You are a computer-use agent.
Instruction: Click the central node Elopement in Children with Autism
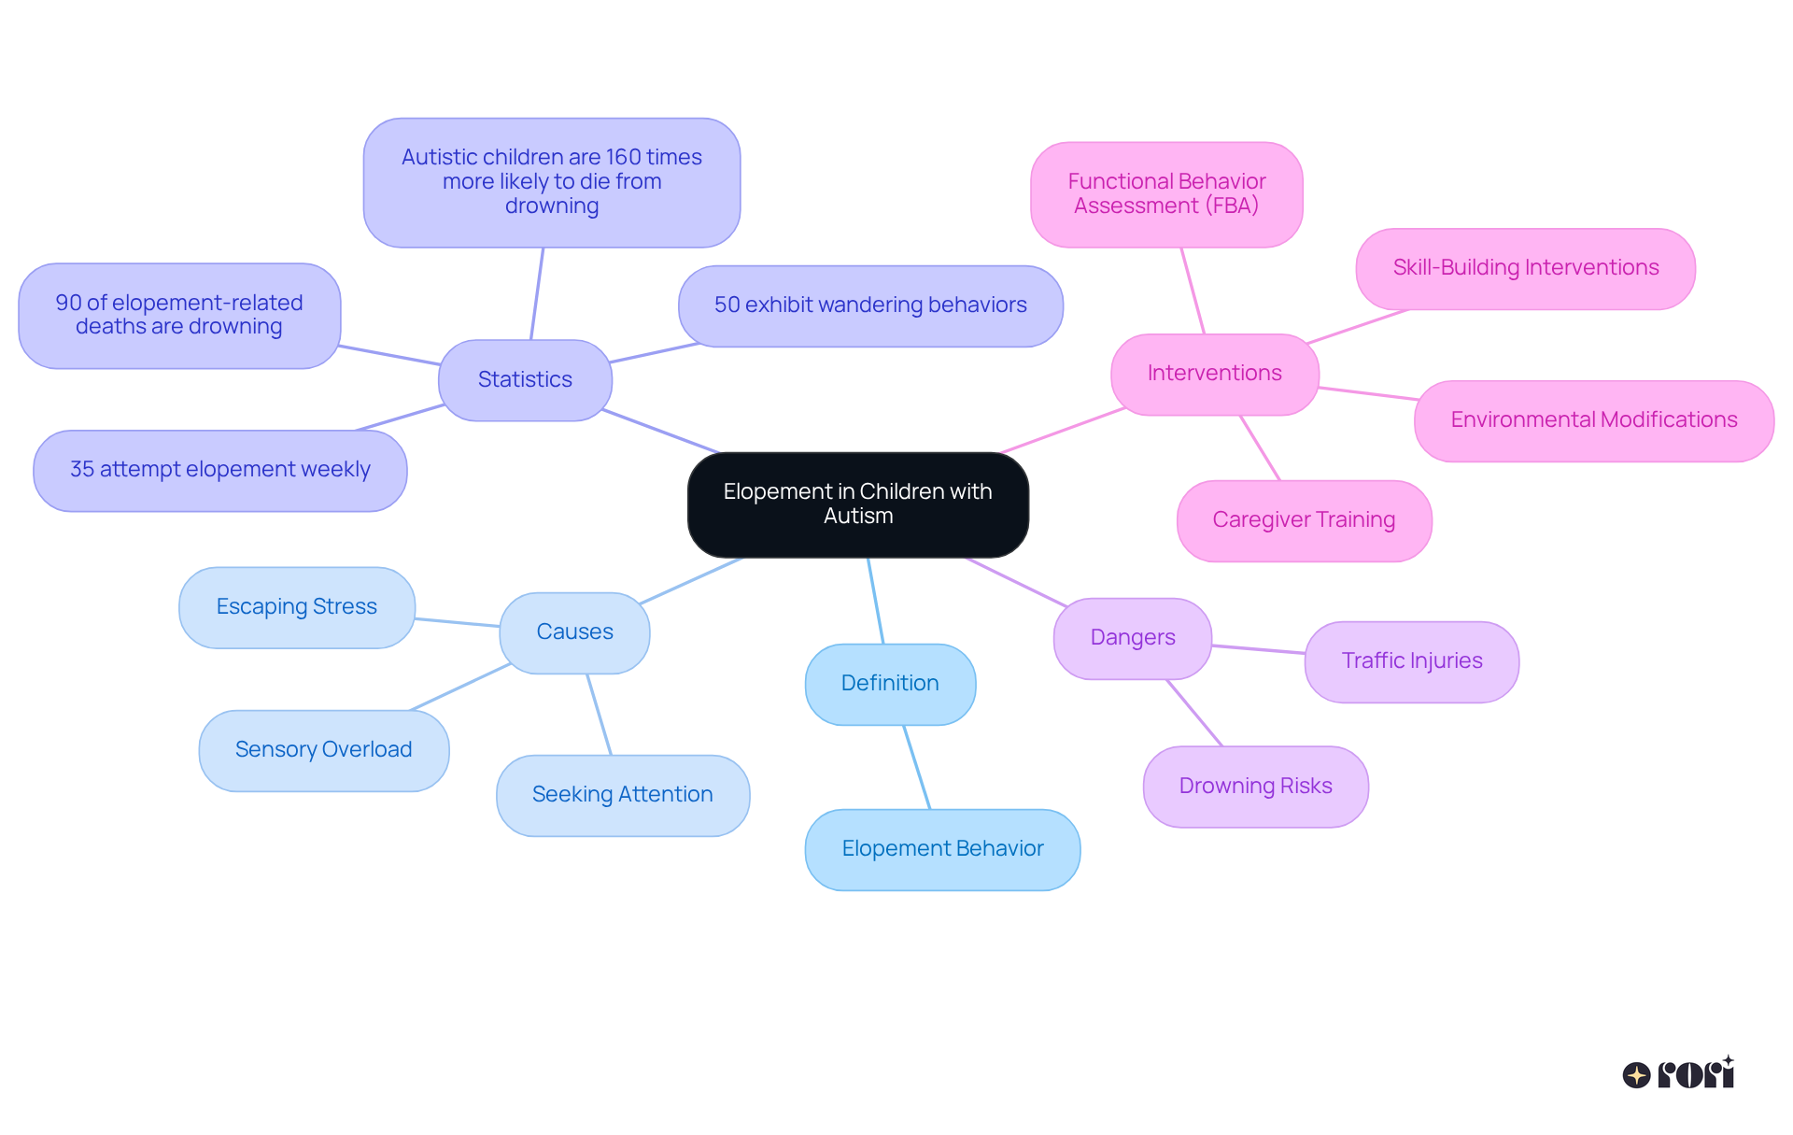857,504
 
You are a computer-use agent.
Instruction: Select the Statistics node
525,379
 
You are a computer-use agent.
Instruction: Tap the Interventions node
1214,374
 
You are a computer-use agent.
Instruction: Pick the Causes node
574,632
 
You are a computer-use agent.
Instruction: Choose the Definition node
890,684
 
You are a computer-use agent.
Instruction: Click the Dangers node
1132,638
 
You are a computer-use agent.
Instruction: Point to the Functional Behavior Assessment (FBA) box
1166,194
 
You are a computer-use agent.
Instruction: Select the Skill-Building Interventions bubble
1525,268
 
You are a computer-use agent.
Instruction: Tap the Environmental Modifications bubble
1593,420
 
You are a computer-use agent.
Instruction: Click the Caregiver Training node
1304,520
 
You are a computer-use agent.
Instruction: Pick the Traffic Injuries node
1411,661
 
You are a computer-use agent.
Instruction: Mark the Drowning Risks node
1255,787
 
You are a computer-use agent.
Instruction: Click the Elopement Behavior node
942,849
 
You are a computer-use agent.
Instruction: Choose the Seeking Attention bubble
622,795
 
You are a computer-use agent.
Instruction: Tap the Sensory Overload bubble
323,750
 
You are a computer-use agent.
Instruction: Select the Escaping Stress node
296,607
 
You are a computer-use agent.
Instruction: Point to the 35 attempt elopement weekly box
219,470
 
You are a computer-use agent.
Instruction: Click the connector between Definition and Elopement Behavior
916,766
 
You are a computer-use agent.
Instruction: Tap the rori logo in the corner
1678,1073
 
